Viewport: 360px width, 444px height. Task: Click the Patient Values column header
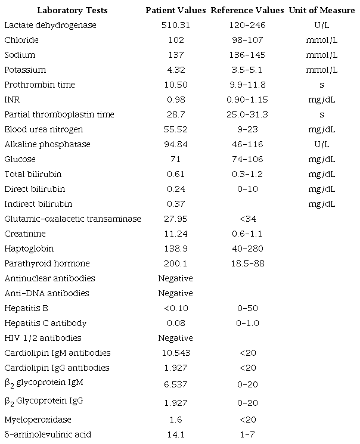point(176,10)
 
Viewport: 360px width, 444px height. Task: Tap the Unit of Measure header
point(322,10)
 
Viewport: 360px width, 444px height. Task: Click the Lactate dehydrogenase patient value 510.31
point(176,25)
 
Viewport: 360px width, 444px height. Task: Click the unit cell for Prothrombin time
point(322,85)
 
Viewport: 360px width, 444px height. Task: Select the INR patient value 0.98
point(176,100)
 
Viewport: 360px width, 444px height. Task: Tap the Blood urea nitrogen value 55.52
point(176,129)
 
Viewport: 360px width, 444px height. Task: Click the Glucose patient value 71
point(176,159)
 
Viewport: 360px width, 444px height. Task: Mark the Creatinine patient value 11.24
point(176,234)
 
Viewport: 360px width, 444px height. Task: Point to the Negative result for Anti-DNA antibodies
point(176,293)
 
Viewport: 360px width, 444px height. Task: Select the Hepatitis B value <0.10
point(176,308)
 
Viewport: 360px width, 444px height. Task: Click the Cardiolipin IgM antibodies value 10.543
point(176,353)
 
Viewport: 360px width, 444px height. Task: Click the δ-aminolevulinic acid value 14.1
point(176,434)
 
